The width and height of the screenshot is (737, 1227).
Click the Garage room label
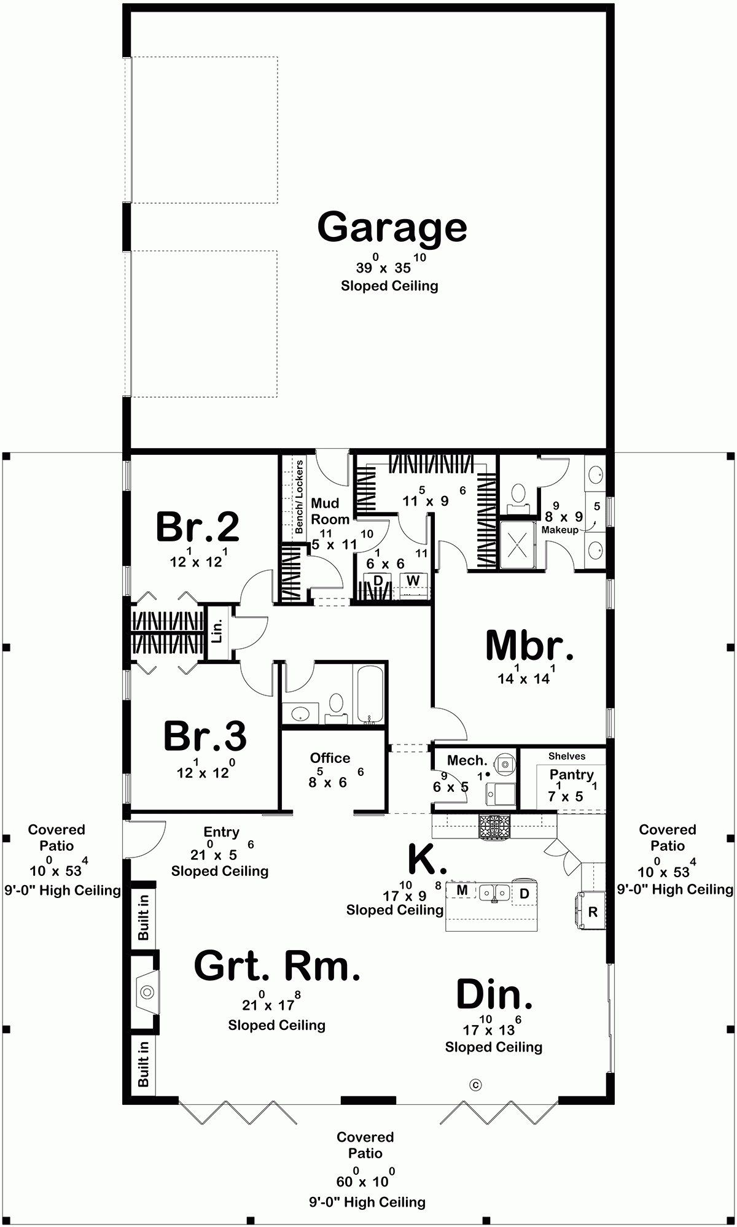point(392,228)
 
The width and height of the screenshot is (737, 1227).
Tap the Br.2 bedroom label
point(197,527)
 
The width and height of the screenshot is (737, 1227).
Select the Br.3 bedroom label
point(205,736)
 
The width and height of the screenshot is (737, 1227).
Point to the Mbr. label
point(529,646)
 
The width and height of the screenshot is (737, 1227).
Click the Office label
point(330,758)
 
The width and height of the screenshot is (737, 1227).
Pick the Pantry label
point(571,775)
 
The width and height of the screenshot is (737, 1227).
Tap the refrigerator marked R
point(593,912)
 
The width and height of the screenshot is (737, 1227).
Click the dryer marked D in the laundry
point(378,581)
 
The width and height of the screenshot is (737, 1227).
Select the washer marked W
point(413,581)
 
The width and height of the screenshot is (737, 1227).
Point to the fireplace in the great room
point(147,991)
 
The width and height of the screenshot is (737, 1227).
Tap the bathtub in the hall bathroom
point(370,695)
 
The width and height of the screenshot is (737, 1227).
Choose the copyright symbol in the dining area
point(475,1085)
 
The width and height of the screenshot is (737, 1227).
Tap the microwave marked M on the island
point(462,890)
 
